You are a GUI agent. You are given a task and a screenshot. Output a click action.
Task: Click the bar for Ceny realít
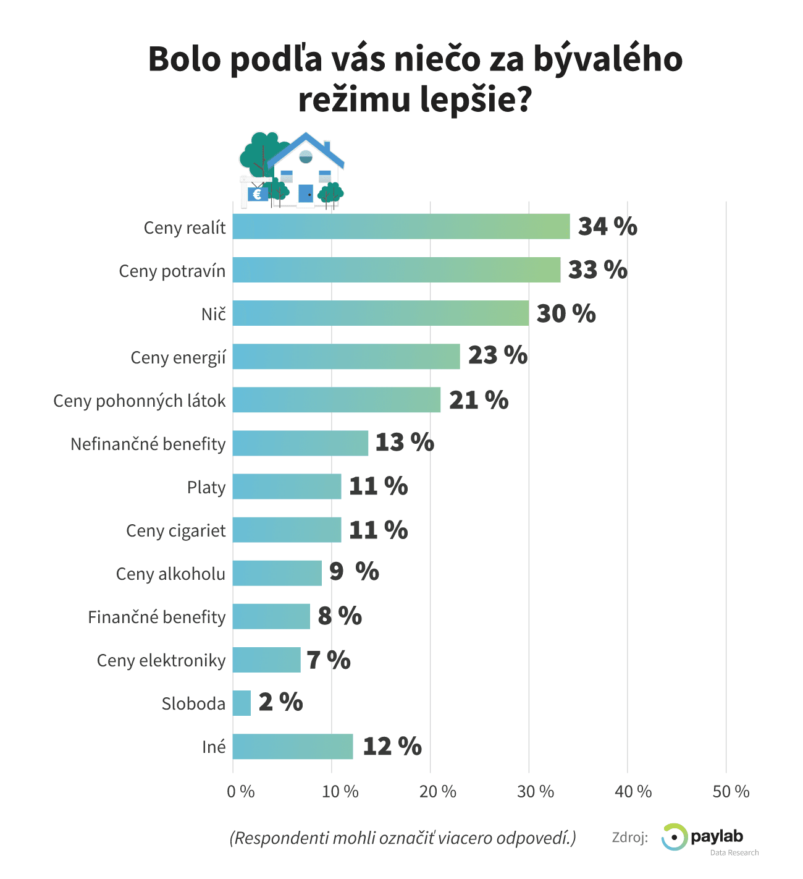click(401, 226)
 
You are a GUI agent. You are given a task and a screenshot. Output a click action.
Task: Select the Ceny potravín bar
click(396, 270)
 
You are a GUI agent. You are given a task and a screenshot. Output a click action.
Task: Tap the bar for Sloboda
click(242, 703)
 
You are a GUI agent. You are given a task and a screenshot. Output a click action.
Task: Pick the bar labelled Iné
click(292, 746)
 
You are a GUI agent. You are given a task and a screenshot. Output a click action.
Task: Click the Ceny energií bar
click(346, 356)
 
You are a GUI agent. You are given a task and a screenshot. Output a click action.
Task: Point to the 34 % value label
click(607, 226)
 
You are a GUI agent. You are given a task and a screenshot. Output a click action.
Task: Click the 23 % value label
click(497, 355)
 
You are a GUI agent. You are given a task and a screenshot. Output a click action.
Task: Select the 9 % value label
click(354, 572)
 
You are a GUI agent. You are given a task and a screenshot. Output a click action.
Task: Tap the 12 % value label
click(392, 746)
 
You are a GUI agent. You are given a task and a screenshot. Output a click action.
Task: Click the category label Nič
click(214, 314)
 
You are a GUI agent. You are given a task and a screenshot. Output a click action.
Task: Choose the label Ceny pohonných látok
click(140, 401)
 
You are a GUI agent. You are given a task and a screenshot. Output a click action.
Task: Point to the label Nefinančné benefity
click(148, 444)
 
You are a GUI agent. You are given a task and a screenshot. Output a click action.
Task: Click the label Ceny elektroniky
click(161, 660)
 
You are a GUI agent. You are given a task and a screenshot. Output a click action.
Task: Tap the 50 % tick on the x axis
click(731, 792)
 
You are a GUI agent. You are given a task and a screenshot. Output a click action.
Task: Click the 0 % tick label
click(241, 792)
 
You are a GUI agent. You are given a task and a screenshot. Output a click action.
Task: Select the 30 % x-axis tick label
click(535, 792)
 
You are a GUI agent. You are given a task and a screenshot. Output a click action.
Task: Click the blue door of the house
click(306, 193)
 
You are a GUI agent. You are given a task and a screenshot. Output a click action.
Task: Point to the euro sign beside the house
click(257, 194)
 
